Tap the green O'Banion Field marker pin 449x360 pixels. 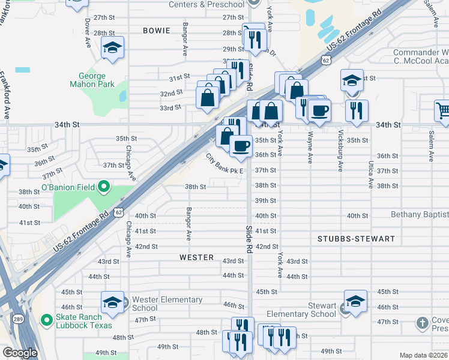click(x=103, y=188)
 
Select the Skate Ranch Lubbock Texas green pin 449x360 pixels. click(x=46, y=320)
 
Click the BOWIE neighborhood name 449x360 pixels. click(x=157, y=30)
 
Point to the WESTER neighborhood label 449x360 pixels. click(x=196, y=257)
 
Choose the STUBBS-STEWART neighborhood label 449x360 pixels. click(x=356, y=239)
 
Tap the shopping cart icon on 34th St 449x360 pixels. click(x=444, y=110)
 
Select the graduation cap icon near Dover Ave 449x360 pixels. click(x=112, y=48)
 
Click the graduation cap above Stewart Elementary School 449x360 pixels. click(x=355, y=302)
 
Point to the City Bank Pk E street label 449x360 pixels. click(x=224, y=164)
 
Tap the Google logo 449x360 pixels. click(x=19, y=353)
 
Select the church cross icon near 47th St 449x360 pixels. click(x=423, y=323)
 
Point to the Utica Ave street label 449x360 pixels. click(x=371, y=174)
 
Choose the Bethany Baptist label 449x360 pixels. click(x=419, y=215)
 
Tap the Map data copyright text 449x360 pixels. click(x=423, y=355)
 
